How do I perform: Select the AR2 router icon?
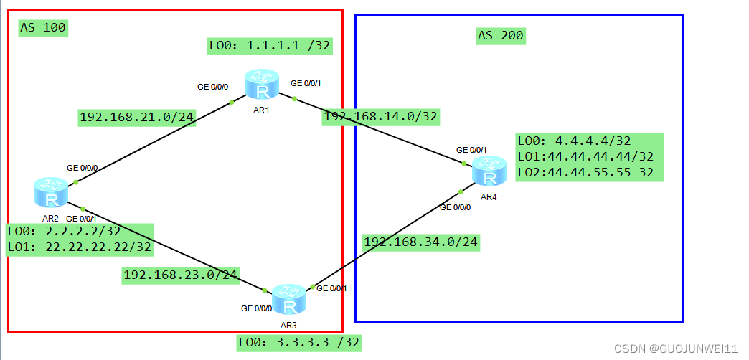tap(50, 192)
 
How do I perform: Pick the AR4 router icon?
tap(489, 172)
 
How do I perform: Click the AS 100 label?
tap(43, 28)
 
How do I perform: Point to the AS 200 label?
tap(501, 35)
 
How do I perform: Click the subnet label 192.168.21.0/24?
tap(137, 117)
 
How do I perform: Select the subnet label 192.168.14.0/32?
tap(380, 116)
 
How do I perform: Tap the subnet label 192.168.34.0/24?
tap(420, 242)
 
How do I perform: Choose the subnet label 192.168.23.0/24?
tap(181, 275)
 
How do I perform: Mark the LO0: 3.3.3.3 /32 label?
tap(299, 343)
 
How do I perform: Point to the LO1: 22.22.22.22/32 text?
tap(80, 247)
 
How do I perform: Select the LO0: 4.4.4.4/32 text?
tap(573, 141)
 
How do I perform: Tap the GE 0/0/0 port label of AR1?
tap(212, 87)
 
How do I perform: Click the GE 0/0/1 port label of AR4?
tap(471, 150)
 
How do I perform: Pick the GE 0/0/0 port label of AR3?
tap(256, 309)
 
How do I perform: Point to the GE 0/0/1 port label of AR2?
tap(81, 219)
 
